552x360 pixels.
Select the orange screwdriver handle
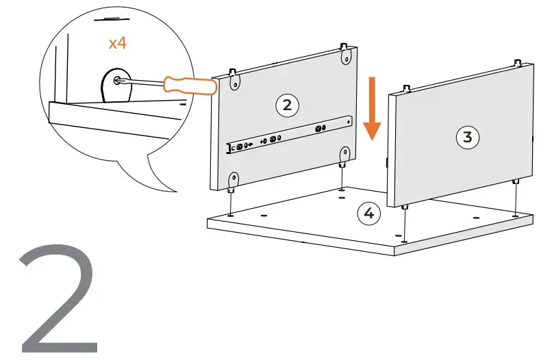(189, 86)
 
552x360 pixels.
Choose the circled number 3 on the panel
(468, 137)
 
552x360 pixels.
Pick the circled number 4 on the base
(368, 214)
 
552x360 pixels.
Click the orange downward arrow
(372, 110)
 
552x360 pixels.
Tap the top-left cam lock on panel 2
(235, 81)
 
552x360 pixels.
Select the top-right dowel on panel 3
(516, 62)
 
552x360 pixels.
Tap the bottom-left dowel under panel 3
(405, 207)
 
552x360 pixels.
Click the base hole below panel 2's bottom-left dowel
(230, 214)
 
